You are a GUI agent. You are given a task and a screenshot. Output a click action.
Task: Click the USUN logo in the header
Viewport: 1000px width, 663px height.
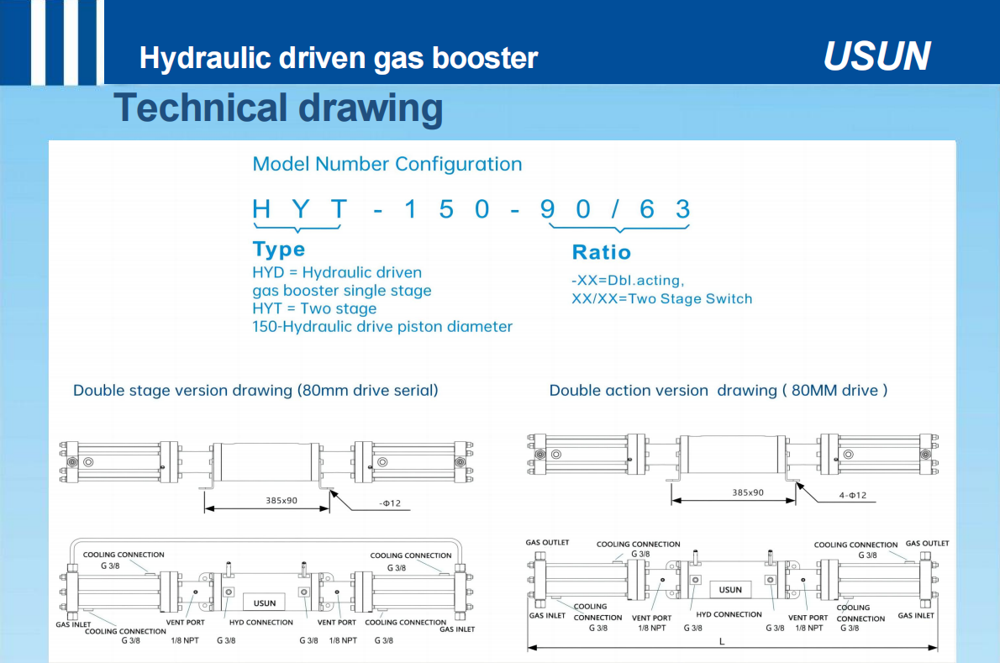877,56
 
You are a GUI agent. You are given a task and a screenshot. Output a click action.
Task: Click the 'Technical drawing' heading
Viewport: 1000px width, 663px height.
278,108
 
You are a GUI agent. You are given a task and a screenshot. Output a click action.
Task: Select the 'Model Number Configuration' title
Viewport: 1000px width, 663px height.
387,164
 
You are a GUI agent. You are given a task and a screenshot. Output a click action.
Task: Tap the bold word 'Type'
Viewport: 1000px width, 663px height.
279,250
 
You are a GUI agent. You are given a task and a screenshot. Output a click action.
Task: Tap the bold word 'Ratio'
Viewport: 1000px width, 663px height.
602,252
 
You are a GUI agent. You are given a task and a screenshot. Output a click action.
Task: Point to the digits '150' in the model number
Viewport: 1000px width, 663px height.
446,209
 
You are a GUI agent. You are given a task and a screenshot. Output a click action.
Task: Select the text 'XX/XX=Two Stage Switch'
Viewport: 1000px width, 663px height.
662,298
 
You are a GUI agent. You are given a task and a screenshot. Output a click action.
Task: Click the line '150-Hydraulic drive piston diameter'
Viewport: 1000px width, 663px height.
382,326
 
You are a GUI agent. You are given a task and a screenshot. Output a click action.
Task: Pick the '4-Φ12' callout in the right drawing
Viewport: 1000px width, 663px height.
853,495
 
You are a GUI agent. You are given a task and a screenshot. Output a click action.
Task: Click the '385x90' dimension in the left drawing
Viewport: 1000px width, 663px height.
282,501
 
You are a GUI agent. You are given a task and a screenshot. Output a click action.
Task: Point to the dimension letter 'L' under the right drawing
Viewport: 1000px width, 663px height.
722,641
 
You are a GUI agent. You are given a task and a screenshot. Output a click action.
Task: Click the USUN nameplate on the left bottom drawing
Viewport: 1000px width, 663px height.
265,602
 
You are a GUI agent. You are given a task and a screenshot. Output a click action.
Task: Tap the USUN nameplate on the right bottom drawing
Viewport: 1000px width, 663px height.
730,590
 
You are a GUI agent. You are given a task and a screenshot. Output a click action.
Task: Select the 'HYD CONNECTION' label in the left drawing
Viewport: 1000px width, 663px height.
261,622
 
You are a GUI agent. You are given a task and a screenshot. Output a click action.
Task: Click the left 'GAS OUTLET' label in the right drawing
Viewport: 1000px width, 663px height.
547,543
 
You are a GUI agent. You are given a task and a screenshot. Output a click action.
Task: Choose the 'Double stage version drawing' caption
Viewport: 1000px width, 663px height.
255,390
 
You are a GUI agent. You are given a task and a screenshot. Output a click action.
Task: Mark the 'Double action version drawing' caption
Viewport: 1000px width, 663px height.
718,390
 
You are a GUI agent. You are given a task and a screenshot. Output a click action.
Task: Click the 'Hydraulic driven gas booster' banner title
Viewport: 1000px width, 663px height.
339,58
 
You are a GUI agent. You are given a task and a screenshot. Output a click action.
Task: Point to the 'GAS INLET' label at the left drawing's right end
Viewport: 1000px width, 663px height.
457,629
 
